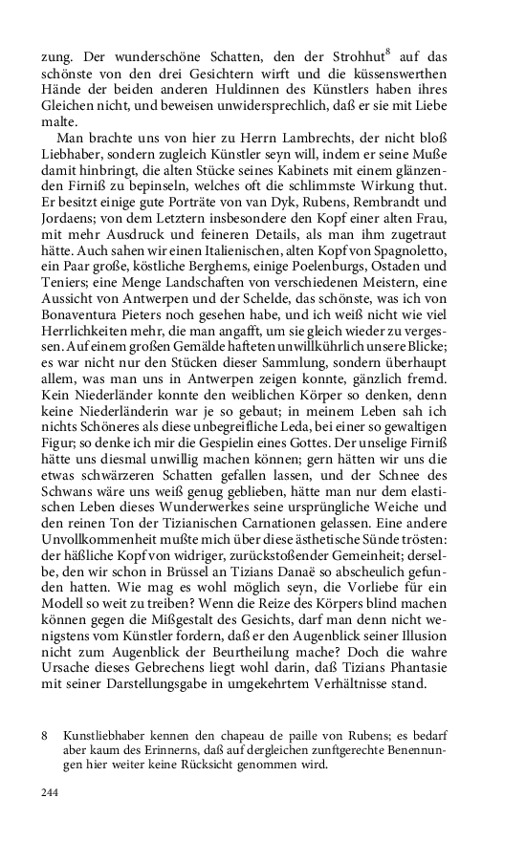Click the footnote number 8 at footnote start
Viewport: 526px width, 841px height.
tap(45, 735)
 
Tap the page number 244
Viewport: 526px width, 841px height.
tap(53, 792)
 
